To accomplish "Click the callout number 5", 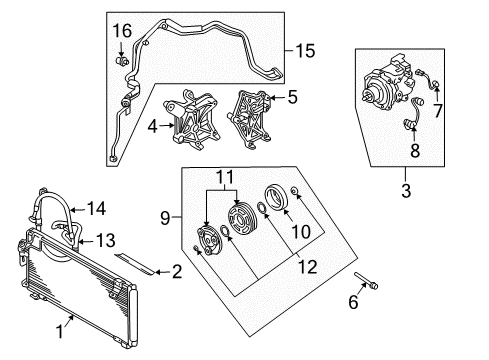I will pyautogui.click(x=293, y=98).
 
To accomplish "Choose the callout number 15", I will pyautogui.click(x=303, y=48).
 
